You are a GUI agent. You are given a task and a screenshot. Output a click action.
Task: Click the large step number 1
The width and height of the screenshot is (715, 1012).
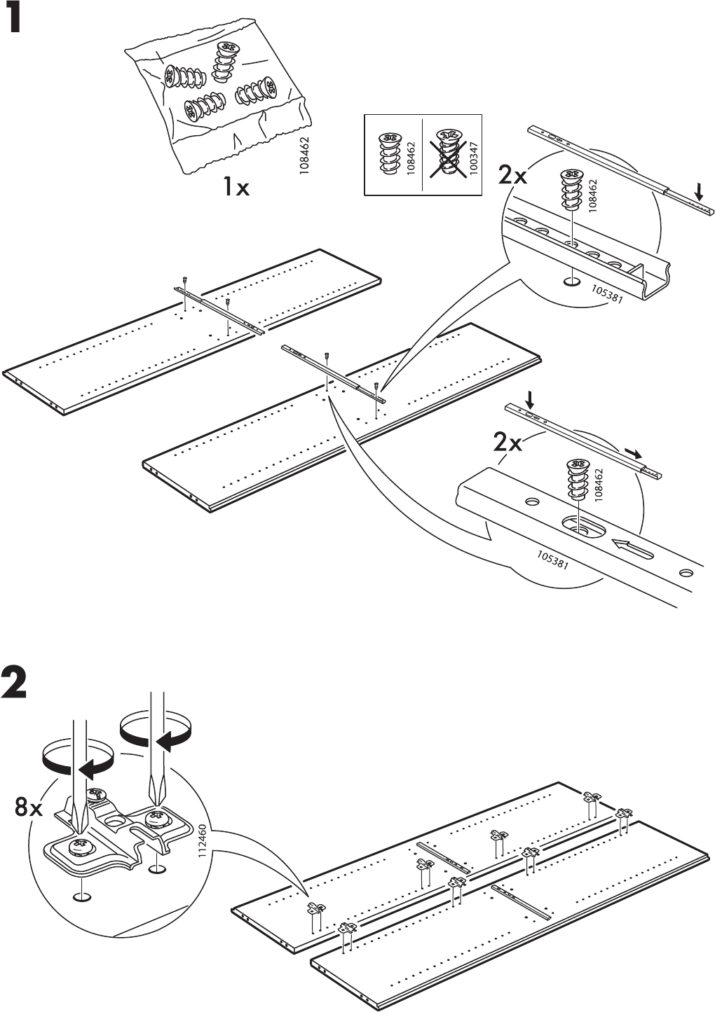point(15,18)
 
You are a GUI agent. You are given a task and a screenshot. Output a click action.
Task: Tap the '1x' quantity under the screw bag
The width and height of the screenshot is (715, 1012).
point(236,187)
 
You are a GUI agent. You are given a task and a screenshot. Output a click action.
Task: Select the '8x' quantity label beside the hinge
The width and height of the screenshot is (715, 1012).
point(29,808)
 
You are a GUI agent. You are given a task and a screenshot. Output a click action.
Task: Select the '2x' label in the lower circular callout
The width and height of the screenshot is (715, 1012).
point(508,443)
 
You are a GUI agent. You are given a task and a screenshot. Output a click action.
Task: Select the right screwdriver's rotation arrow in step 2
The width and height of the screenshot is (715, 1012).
point(156,731)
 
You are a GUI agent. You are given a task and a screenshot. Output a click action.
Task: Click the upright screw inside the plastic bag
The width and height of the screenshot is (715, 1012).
point(226,62)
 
